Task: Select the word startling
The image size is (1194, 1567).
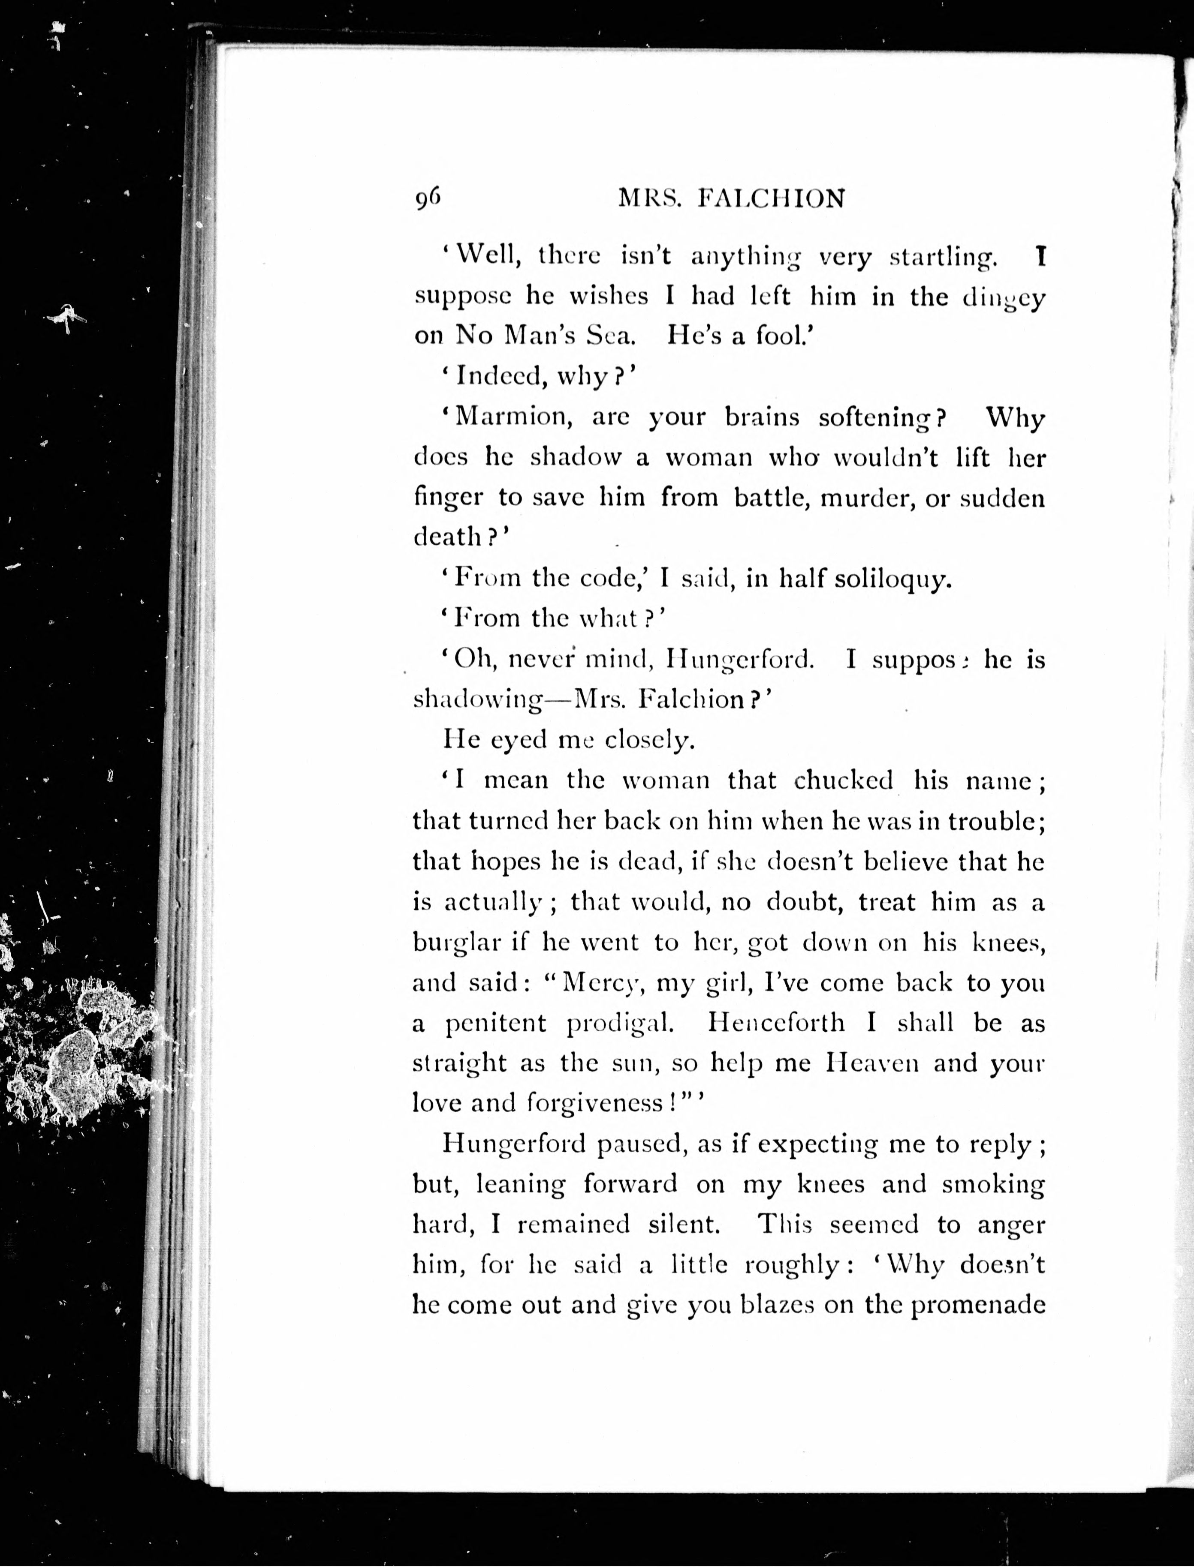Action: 943,258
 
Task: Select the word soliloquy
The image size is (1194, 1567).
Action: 892,579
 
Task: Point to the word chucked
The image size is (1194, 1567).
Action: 844,780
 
